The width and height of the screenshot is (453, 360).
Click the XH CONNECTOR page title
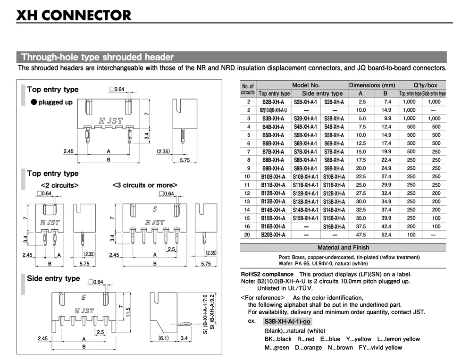[74, 16]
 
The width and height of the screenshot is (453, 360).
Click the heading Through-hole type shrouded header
[97, 58]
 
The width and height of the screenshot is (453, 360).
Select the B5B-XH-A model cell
[273, 135]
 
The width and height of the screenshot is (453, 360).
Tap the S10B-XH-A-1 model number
[305, 176]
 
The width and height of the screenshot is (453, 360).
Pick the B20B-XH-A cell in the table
[273, 234]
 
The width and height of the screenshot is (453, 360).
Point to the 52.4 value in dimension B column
[387, 234]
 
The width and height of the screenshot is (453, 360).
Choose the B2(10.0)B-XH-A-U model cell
[273, 110]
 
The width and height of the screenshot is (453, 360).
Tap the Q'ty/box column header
[422, 85]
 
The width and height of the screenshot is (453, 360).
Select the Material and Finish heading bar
[343, 247]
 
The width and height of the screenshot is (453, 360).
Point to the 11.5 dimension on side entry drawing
[128, 312]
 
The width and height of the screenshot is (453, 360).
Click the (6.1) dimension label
[163, 338]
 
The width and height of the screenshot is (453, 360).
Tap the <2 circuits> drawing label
[59, 185]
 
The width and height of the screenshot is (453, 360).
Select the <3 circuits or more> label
[145, 185]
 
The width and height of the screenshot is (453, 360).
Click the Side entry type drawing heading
[53, 278]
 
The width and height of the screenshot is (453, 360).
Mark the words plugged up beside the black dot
[56, 102]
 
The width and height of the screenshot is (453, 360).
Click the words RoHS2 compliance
[267, 274]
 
